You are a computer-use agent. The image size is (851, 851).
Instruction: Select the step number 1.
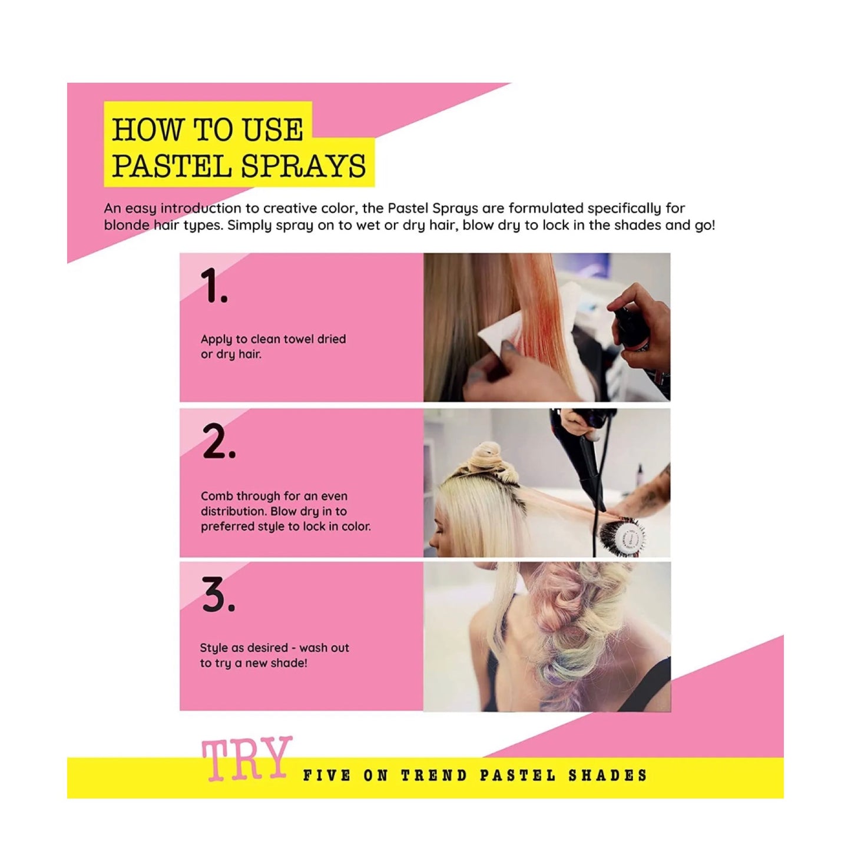click(213, 286)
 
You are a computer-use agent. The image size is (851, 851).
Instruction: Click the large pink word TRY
click(247, 759)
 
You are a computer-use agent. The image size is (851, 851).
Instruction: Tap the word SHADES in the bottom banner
click(608, 776)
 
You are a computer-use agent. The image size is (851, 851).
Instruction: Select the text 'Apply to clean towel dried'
click(273, 339)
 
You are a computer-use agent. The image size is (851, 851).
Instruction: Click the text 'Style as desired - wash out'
click(274, 648)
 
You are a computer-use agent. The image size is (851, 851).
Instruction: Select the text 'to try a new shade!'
click(253, 663)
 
